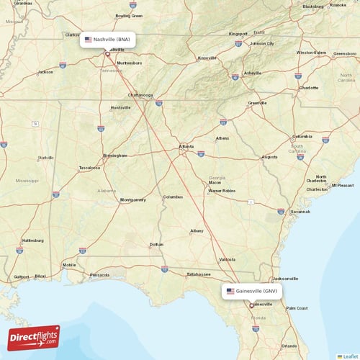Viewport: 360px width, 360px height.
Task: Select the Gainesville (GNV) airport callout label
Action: (251, 291)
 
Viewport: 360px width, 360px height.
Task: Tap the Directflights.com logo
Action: (34, 337)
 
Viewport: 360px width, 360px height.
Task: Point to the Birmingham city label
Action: (115, 155)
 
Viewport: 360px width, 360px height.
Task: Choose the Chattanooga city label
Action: (140, 94)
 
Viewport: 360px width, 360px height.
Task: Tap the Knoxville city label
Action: (208, 58)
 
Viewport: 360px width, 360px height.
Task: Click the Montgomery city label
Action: (132, 199)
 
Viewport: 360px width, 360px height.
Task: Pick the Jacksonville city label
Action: (286, 278)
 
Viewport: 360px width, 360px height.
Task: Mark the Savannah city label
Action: (300, 212)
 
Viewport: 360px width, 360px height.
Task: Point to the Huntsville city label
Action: (120, 107)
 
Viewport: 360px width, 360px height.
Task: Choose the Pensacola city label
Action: (99, 274)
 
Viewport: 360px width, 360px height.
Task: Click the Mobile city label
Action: (69, 265)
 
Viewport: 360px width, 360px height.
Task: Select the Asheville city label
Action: (253, 73)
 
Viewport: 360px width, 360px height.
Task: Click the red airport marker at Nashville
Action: (107, 53)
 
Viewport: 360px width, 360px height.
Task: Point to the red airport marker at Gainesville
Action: (251, 305)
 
